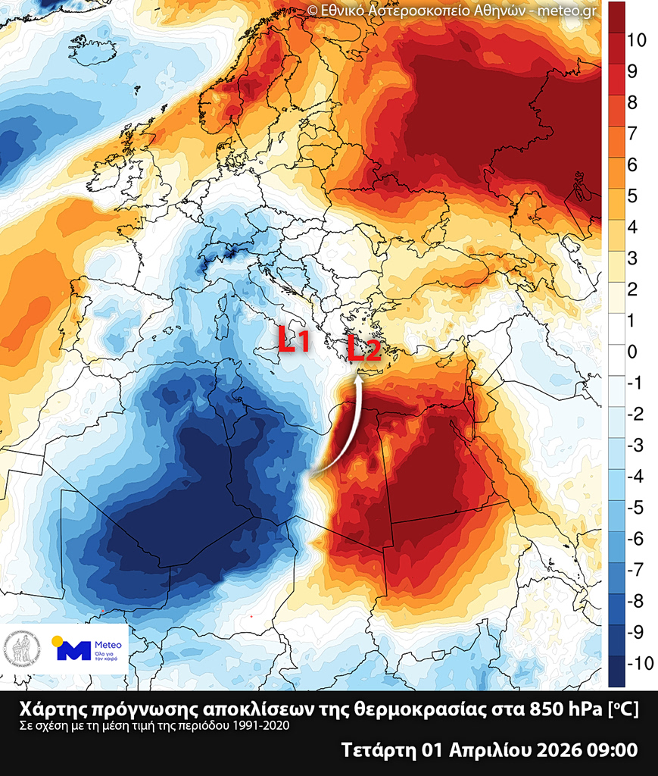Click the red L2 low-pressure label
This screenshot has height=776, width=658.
click(x=363, y=349)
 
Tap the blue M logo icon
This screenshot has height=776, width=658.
click(x=73, y=649)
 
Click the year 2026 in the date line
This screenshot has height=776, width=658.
click(x=558, y=751)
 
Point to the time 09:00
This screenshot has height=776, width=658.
click(x=611, y=751)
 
